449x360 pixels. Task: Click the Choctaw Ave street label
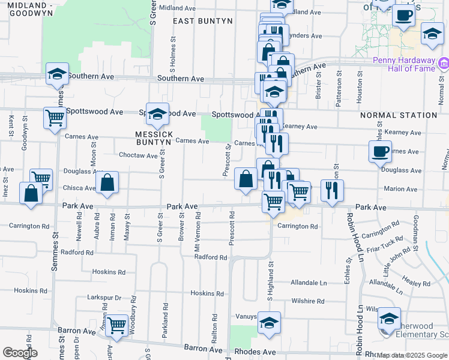[x=139, y=155]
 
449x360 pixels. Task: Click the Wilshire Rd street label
[x=307, y=301]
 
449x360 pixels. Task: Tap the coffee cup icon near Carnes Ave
[x=380, y=152]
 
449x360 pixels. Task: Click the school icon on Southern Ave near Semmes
[x=57, y=74]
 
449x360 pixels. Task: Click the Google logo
[x=20, y=353]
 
